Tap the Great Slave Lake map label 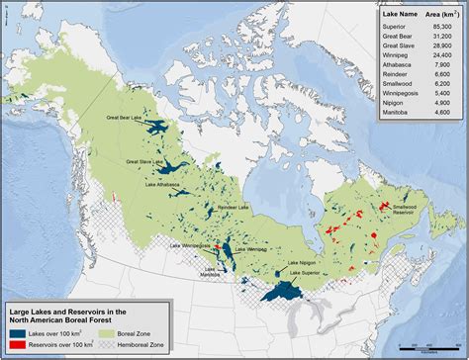[x=144, y=159]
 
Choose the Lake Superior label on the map [x=304, y=272]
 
